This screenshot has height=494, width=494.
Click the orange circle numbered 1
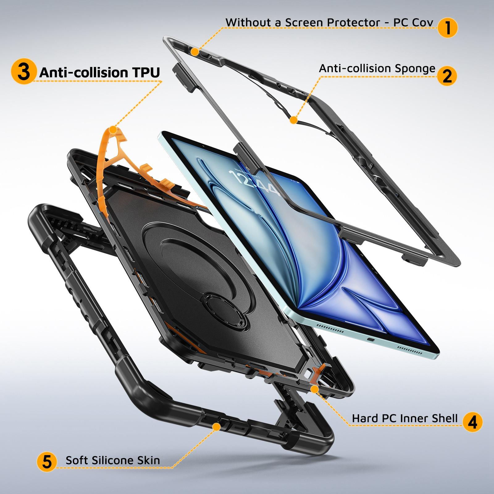click(x=447, y=28)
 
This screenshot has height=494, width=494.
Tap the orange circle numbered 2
click(x=447, y=76)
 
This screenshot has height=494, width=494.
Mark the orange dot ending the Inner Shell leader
click(x=314, y=390)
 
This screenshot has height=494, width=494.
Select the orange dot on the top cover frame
click(x=195, y=51)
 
